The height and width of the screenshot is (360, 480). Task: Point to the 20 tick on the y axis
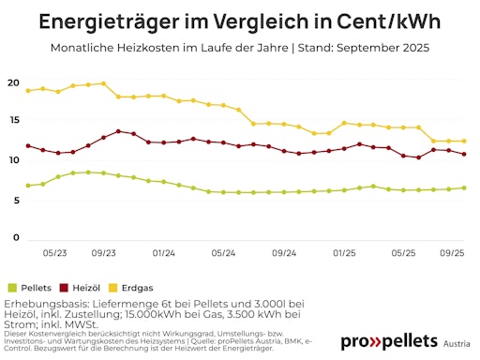point(13,82)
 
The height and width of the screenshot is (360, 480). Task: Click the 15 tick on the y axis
point(13,121)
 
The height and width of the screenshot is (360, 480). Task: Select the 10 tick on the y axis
point(13,160)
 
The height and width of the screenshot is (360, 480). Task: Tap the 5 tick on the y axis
point(16,199)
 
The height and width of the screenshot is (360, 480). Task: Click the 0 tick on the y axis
point(16,238)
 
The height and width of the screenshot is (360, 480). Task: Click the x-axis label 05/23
point(54,253)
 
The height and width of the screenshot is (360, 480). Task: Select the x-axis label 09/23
point(103,253)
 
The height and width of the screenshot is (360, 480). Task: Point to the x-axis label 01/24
point(163,253)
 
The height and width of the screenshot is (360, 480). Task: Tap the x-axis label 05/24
point(223,253)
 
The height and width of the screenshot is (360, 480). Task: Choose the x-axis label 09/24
point(283,253)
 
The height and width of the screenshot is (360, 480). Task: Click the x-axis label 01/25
point(343,253)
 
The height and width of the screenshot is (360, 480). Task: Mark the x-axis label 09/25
point(453,253)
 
